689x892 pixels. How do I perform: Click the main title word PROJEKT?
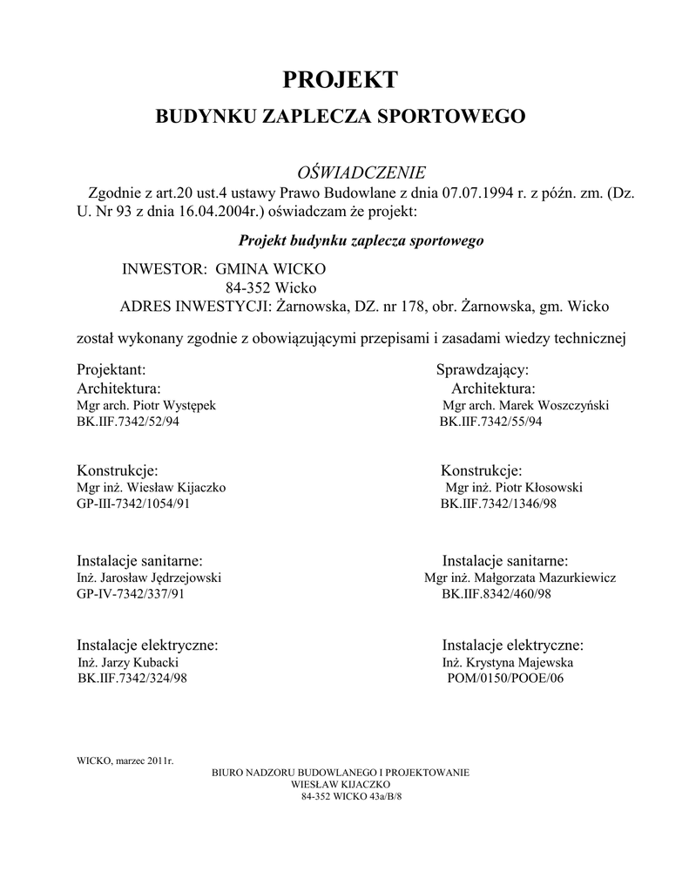pyautogui.click(x=341, y=80)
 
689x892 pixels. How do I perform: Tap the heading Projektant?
pyautogui.click(x=118, y=369)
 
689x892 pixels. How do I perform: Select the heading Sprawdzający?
pyautogui.click(x=483, y=369)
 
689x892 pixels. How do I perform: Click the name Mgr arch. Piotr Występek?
pyautogui.click(x=152, y=406)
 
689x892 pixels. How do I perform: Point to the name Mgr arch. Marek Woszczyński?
pyautogui.click(x=525, y=406)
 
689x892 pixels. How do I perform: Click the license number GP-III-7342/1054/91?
pyautogui.click(x=134, y=504)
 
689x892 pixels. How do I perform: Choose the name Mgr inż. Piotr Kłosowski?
pyautogui.click(x=514, y=488)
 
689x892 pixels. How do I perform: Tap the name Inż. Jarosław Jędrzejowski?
pyautogui.click(x=150, y=578)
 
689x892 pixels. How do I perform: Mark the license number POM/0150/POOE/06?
pyautogui.click(x=498, y=679)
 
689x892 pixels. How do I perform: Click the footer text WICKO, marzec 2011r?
pyautogui.click(x=125, y=760)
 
